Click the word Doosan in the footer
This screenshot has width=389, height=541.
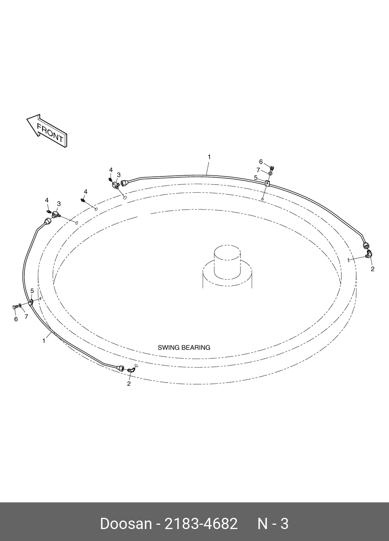126,524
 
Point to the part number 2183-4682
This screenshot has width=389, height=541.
201,524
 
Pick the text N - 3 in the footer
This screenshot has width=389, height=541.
273,524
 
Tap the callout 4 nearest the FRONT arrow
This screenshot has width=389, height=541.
47,200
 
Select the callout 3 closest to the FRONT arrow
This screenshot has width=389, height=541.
59,204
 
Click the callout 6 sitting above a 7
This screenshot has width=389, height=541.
261,162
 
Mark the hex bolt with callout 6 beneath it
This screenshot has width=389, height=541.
15,307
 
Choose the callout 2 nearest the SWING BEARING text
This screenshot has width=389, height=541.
129,384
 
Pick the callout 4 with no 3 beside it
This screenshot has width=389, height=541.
85,192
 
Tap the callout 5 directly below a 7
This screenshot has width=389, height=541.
256,178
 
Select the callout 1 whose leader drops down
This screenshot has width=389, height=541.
209,157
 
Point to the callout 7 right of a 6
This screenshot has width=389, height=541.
26,317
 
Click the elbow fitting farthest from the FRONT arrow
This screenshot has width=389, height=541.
370,254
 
